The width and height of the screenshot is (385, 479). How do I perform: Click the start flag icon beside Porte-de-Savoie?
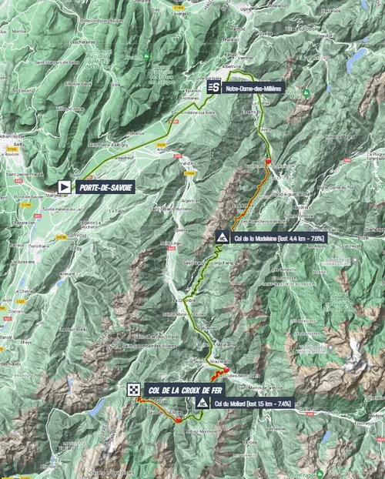coord(65,186)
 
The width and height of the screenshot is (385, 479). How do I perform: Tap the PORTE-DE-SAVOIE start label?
coord(102,186)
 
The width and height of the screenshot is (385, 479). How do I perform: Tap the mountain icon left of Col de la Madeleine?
coord(222,237)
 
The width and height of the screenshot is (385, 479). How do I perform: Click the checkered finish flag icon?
coord(133,390)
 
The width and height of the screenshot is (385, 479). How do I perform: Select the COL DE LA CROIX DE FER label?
coord(171,390)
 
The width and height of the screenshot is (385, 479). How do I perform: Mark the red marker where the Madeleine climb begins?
coord(268,161)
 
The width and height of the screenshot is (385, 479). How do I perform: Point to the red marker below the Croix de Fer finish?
coord(178,420)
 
